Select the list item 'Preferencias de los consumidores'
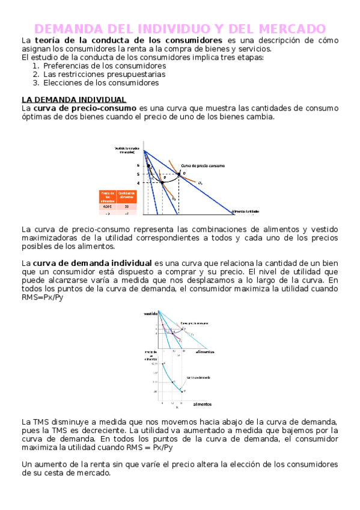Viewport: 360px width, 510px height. (105, 66)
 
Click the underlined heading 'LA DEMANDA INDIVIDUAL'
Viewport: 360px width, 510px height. (74, 99)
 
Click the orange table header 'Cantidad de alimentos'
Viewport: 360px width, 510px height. (127, 195)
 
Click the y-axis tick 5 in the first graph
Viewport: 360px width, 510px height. (137, 174)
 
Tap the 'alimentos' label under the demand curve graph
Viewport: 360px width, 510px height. (202, 404)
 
